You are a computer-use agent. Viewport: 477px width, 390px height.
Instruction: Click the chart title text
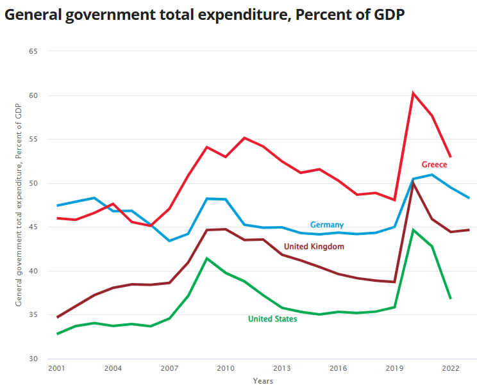point(205,15)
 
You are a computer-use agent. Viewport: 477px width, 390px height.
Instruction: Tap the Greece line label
point(434,165)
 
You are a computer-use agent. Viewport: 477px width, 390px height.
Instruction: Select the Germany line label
point(327,225)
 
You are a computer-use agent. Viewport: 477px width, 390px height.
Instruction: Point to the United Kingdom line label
point(314,247)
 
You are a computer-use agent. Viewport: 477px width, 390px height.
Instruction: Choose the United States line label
point(272,319)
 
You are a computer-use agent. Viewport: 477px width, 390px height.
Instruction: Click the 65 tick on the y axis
point(33,51)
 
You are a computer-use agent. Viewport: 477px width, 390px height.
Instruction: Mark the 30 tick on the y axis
point(33,359)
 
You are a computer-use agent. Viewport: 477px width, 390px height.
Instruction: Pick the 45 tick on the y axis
point(33,227)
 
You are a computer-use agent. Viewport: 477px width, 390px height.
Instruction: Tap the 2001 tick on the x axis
point(57,369)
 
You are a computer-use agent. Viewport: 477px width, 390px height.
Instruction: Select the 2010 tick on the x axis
point(225,369)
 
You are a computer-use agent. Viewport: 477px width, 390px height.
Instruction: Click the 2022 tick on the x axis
point(450,369)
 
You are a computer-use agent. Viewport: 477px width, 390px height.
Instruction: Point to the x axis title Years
point(263,381)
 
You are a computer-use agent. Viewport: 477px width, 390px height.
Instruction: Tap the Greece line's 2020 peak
point(414,93)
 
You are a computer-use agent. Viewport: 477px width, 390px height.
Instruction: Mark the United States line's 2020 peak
point(414,229)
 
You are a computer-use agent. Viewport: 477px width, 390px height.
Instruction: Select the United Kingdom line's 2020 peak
point(414,183)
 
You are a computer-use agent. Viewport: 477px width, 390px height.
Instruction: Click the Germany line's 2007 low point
point(169,241)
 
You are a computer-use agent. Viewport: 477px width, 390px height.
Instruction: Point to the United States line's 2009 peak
point(206,258)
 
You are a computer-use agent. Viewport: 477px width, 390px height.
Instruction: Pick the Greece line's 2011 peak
point(244,138)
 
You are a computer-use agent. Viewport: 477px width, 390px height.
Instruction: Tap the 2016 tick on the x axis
point(338,369)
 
